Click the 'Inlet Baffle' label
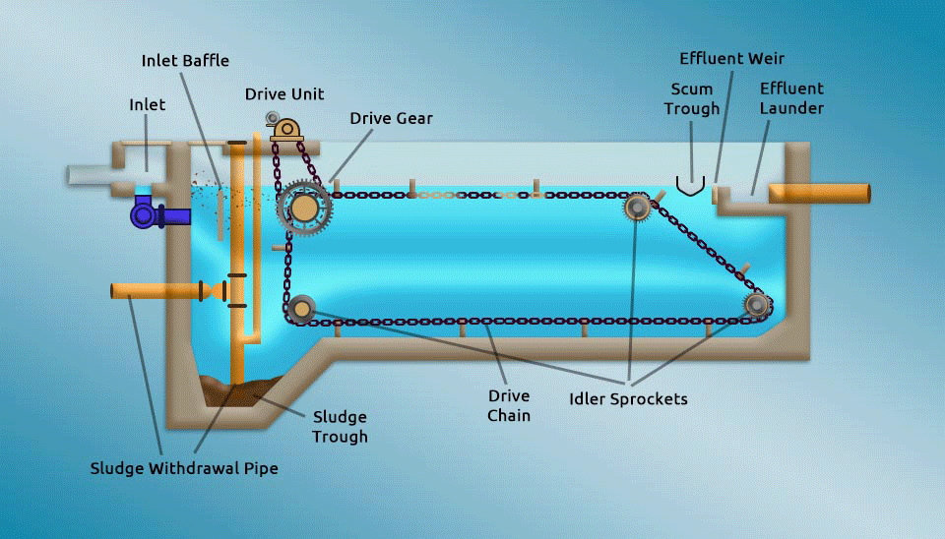click(x=185, y=61)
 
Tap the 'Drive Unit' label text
click(x=284, y=94)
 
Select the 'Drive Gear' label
click(x=391, y=118)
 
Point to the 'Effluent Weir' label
click(x=731, y=59)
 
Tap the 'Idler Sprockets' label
click(x=628, y=399)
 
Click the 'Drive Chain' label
click(x=509, y=405)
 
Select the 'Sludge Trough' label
click(x=340, y=427)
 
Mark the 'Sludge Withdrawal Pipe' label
click(x=184, y=468)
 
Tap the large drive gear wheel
click(x=304, y=208)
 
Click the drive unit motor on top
click(x=286, y=129)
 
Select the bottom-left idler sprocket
click(x=301, y=309)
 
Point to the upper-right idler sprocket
click(x=636, y=207)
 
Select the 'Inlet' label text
click(x=148, y=104)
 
